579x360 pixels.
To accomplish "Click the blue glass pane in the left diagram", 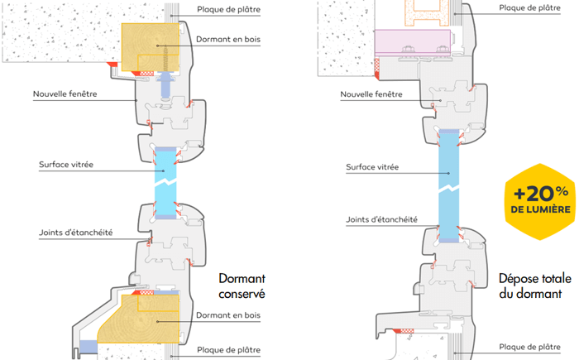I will coord(166,179).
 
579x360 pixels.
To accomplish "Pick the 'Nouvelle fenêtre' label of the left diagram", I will coord(65,94).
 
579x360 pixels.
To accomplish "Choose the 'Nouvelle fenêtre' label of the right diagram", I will coord(373,94).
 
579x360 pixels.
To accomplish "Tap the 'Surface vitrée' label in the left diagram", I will coord(65,165).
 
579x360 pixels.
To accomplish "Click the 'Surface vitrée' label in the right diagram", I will coord(373,167).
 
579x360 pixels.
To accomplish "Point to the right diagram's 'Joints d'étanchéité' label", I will coord(380,220).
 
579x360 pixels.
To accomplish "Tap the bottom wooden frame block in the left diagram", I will coord(145,319).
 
